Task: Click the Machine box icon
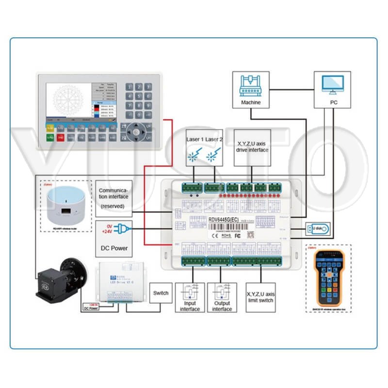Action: coord(251,86)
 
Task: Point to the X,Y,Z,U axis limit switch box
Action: coord(264,297)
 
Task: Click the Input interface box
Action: coord(190,297)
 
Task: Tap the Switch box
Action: coord(161,293)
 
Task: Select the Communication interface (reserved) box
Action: coord(113,198)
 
